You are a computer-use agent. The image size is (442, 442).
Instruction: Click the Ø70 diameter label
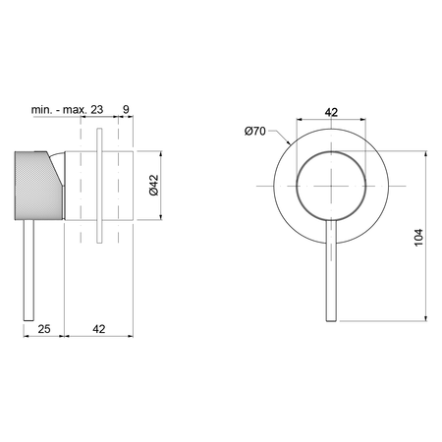255,132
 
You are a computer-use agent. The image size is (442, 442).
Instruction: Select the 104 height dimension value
418,238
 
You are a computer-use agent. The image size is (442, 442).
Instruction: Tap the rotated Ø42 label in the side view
153,186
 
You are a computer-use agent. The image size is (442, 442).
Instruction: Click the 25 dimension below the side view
44,329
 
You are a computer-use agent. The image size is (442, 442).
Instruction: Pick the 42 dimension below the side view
99,329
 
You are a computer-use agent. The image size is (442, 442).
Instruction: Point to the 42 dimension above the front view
331,112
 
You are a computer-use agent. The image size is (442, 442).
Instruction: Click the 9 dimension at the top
126,109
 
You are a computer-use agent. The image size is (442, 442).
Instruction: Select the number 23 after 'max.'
96,109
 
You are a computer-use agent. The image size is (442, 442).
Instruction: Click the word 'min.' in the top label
41,109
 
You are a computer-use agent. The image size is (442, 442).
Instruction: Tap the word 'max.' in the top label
75,109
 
